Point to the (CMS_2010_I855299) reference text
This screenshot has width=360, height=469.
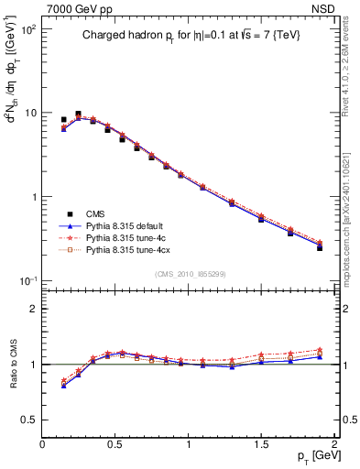pyautogui.click(x=189, y=274)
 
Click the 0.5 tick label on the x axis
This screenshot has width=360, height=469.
pyautogui.click(x=115, y=442)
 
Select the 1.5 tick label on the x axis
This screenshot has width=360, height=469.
pyautogui.click(x=262, y=442)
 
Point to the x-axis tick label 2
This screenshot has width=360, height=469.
pyautogui.click(x=335, y=442)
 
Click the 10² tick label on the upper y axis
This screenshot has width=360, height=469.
pyautogui.click(x=27, y=29)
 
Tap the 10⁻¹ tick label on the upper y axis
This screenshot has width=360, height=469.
pyautogui.click(x=27, y=280)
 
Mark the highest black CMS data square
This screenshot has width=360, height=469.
pyautogui.click(x=78, y=115)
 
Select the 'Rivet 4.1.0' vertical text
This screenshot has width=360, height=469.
pyautogui.click(x=349, y=64)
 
